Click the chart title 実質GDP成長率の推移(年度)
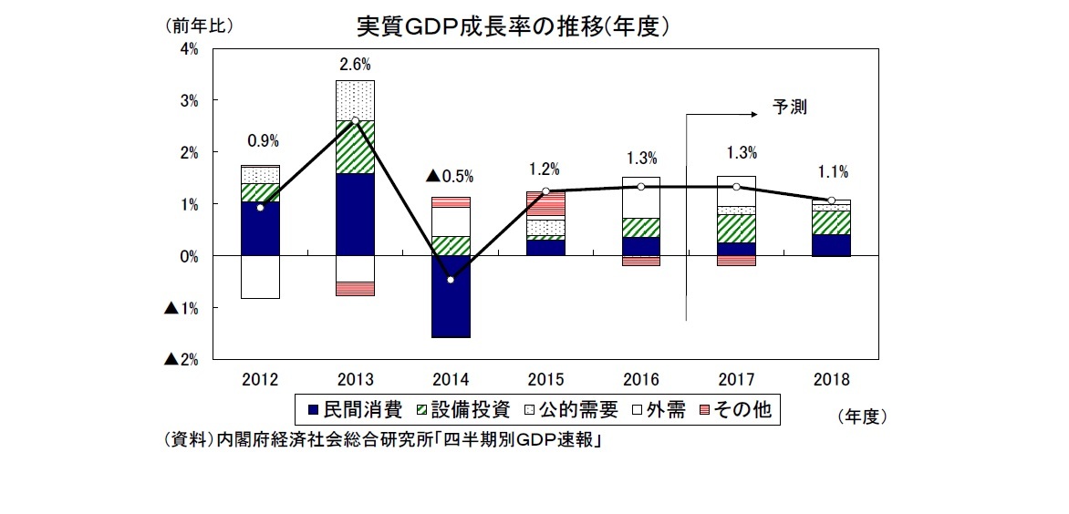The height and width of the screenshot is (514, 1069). click(x=514, y=26)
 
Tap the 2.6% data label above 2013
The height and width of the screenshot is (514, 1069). click(x=355, y=65)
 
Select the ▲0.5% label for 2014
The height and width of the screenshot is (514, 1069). click(x=451, y=177)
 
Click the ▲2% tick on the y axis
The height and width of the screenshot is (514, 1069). click(x=182, y=360)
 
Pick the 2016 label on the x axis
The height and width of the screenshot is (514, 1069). click(x=641, y=377)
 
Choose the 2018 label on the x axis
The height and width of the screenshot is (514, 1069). click(x=831, y=377)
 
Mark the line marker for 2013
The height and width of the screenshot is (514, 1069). click(x=355, y=121)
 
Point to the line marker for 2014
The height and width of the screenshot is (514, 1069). click(x=451, y=280)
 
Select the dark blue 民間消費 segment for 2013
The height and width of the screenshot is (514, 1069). click(x=355, y=214)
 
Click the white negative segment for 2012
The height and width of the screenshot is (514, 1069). click(x=260, y=277)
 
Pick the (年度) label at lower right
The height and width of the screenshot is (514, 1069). click(x=860, y=416)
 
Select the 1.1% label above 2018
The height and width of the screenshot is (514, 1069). click(x=831, y=170)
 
